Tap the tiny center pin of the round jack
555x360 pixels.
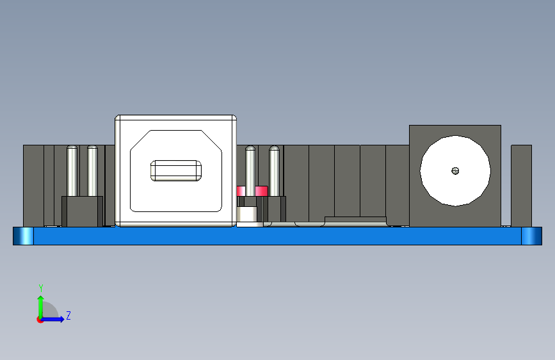(455, 170)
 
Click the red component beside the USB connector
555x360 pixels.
(252, 191)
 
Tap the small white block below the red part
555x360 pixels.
(250, 215)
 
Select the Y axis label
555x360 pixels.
(40, 288)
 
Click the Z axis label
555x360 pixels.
(68, 316)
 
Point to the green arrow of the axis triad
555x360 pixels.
(40, 304)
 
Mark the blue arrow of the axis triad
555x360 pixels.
(55, 319)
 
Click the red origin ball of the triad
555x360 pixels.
(40, 320)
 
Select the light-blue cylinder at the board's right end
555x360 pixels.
(531, 236)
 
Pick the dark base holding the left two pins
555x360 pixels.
(82, 211)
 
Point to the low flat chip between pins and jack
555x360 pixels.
(356, 220)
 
